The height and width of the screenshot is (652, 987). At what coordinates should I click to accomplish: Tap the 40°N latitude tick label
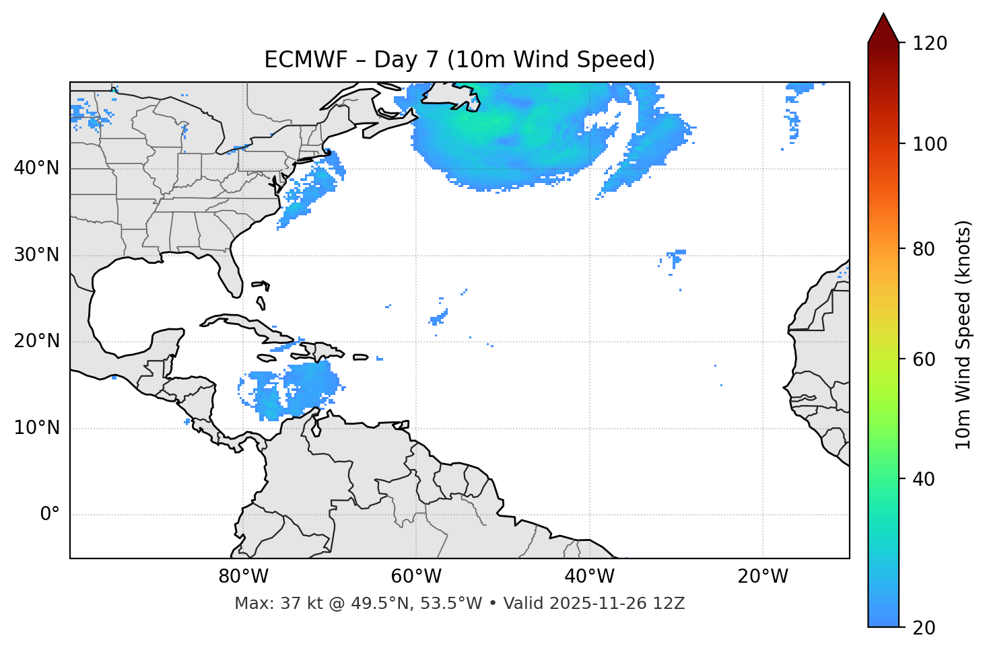tap(36, 168)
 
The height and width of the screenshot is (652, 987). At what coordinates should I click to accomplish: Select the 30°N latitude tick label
tap(36, 255)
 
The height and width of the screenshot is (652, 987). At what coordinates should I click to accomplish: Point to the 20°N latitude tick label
tap(36, 341)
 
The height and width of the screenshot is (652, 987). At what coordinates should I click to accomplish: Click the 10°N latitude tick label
tap(36, 428)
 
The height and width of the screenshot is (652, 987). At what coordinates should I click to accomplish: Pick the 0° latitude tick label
tap(49, 515)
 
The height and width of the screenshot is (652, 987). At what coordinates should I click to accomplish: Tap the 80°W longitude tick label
tap(243, 577)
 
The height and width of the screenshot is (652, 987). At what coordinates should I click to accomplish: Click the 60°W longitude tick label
tap(416, 577)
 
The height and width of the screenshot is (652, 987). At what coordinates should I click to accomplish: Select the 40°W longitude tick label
tap(590, 577)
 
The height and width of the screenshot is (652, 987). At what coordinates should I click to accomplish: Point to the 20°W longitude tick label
tap(763, 577)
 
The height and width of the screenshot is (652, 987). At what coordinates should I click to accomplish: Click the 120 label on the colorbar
tap(930, 44)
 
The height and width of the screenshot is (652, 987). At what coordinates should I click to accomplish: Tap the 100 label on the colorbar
tap(930, 144)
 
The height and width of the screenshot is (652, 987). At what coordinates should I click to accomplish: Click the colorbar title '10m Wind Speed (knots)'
tap(963, 335)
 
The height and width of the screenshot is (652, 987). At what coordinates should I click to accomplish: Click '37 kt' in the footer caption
tap(293, 604)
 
